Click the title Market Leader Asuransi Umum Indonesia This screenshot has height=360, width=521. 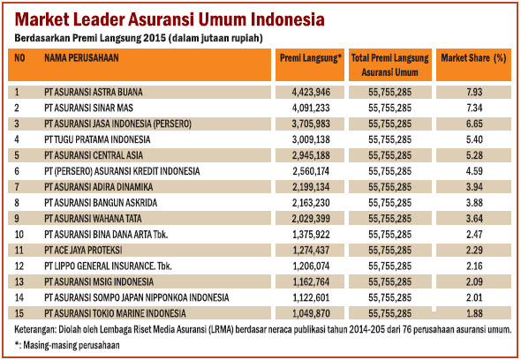[x=170, y=19]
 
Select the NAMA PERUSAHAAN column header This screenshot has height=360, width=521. [x=81, y=58]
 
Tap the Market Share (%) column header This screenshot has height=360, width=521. [x=473, y=58]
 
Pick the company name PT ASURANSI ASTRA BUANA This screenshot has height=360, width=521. [x=94, y=92]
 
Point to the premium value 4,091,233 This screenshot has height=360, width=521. [x=311, y=108]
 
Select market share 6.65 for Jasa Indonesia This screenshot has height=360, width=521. [x=474, y=124]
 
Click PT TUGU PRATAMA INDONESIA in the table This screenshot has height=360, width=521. [x=97, y=139]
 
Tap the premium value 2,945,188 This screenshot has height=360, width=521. [x=311, y=155]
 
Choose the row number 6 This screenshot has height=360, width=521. [x=17, y=171]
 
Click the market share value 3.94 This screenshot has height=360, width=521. [x=474, y=187]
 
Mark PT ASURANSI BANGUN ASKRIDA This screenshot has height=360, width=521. [x=101, y=203]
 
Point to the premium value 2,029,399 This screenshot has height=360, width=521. [x=311, y=219]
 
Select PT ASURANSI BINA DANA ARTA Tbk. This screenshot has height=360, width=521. [x=106, y=235]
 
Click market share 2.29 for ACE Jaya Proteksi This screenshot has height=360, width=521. [x=474, y=250]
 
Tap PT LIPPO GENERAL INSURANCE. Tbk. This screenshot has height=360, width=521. [x=108, y=266]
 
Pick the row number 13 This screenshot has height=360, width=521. [x=19, y=282]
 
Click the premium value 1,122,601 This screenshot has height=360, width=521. [x=311, y=298]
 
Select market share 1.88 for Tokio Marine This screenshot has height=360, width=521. [x=474, y=313]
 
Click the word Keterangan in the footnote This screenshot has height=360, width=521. [x=35, y=330]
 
